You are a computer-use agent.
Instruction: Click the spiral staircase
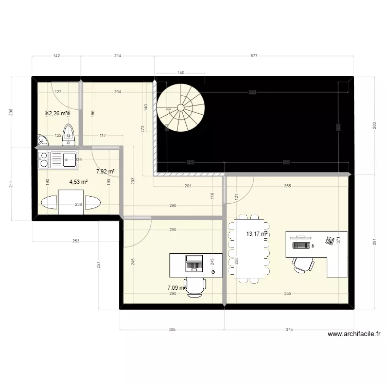tap(181, 108)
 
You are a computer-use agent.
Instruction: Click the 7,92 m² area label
tap(105, 172)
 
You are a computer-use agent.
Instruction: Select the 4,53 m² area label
tap(79, 181)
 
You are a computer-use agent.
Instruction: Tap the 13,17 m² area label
tap(256, 234)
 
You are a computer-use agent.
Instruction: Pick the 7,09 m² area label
tap(176, 288)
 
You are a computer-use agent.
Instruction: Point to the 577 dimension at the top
tap(254, 56)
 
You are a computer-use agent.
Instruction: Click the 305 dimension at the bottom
tap(172, 330)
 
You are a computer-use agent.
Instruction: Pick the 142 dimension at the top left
tap(57, 56)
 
